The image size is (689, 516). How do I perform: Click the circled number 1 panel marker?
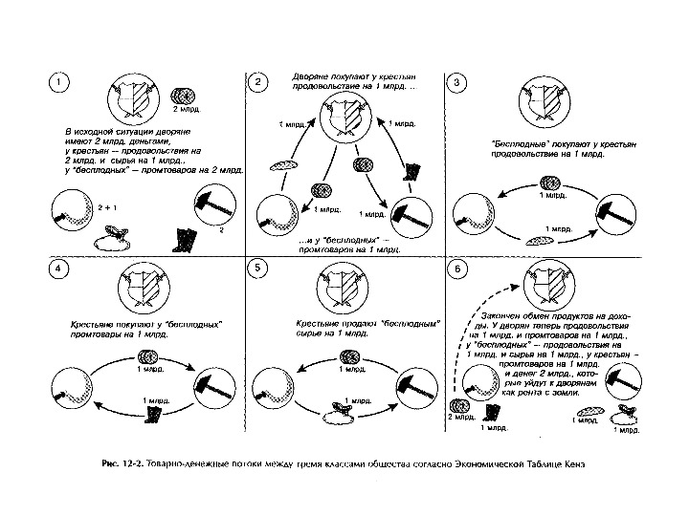point(59,83)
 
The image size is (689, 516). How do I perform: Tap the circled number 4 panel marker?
point(59,269)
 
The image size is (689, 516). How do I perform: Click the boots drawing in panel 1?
point(186,240)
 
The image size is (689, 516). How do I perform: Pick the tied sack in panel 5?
point(341,415)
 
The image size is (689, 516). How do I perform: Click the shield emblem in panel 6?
point(546,282)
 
